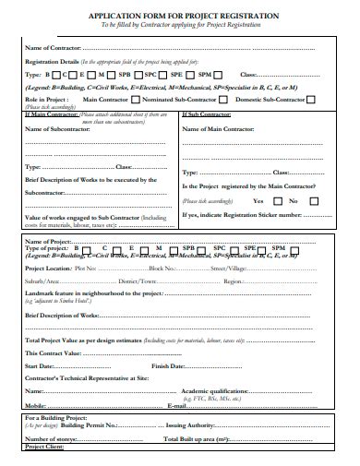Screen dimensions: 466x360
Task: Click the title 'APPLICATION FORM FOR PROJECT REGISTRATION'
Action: tap(180, 16)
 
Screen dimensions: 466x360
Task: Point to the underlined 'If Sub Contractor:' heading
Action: tap(207, 114)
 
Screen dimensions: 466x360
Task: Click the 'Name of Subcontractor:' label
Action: tap(56, 129)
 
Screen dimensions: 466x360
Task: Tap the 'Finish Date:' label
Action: tap(171, 366)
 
